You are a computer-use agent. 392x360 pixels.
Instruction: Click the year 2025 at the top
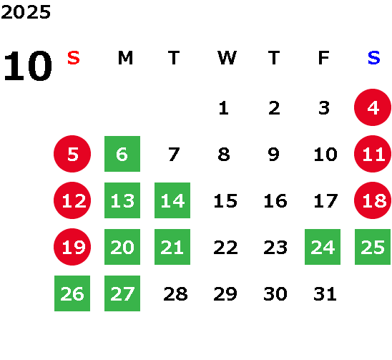[26, 12]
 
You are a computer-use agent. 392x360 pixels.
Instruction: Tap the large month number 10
[28, 66]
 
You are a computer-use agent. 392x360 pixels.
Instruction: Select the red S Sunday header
[74, 58]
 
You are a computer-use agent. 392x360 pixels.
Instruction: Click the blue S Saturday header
[374, 58]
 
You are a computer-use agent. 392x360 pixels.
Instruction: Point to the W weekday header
[227, 58]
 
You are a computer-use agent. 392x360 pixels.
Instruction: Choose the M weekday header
[125, 58]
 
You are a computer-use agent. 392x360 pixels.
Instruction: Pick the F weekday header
[324, 58]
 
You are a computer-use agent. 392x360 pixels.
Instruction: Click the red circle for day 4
[373, 107]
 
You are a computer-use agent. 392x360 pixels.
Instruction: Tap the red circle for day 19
[72, 247]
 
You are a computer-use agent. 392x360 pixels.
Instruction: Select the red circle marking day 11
[373, 154]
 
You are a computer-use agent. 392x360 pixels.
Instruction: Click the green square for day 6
[122, 154]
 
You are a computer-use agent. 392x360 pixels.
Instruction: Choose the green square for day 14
[172, 200]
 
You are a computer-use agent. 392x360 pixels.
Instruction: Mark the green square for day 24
[323, 247]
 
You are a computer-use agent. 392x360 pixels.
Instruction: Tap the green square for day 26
[72, 293]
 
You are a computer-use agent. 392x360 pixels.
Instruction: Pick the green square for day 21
[172, 247]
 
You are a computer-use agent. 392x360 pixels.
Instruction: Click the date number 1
[223, 108]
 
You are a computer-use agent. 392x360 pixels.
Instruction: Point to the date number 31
[325, 294]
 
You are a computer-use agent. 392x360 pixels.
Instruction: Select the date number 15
[225, 201]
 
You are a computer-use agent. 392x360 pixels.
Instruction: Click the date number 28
[175, 294]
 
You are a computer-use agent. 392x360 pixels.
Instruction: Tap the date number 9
[274, 155]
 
